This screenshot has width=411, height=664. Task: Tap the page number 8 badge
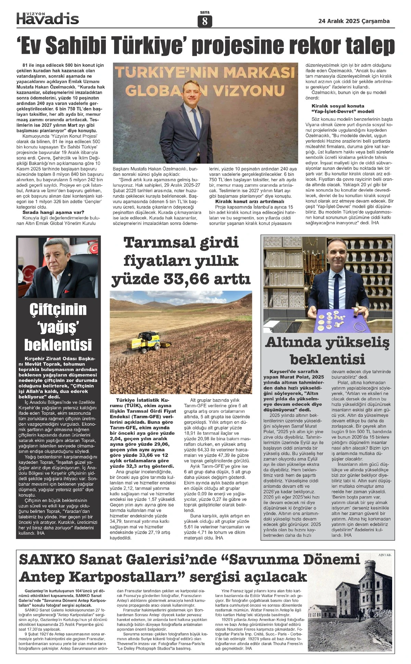tap(205, 22)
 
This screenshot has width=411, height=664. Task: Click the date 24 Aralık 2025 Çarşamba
tap(354, 21)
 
